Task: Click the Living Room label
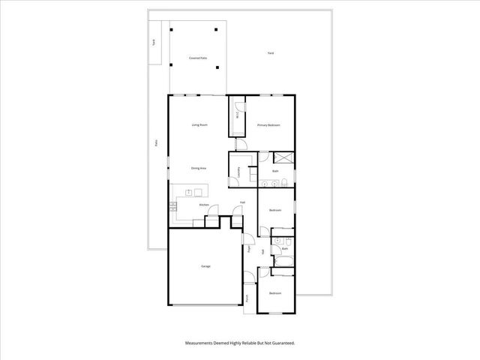tap(199, 124)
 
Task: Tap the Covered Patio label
tap(198, 58)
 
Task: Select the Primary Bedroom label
tap(268, 124)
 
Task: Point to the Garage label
tap(205, 266)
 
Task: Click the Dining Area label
tap(199, 168)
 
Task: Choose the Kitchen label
tap(203, 204)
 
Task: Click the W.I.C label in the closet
tap(238, 115)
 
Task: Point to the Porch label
tap(247, 297)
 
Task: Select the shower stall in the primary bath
tap(283, 158)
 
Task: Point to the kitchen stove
tap(175, 204)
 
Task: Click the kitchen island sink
tap(190, 193)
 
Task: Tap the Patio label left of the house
tap(156, 143)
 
